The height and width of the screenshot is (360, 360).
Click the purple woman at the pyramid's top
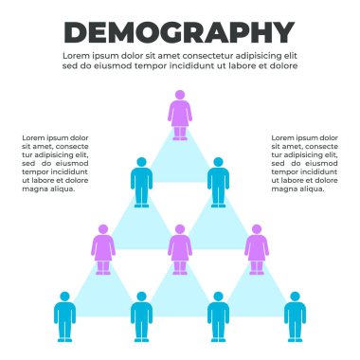[179, 115]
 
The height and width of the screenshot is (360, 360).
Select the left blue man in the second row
[141, 181]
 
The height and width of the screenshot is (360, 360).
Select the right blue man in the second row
[218, 181]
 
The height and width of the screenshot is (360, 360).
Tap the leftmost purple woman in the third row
[103, 249]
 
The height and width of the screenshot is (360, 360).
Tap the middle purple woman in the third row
[180, 249]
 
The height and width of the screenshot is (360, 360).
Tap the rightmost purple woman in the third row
[256, 249]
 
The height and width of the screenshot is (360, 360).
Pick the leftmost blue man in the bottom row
[64, 315]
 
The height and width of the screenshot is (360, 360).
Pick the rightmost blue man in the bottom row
[295, 315]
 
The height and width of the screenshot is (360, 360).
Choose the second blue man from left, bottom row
[141, 315]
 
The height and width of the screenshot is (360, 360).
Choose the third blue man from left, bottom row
[218, 315]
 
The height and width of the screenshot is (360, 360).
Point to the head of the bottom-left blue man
[64, 296]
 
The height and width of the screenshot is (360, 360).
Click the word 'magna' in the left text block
[34, 189]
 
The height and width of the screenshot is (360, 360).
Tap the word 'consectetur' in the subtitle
[191, 56]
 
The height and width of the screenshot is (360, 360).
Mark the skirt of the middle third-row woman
[180, 255]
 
